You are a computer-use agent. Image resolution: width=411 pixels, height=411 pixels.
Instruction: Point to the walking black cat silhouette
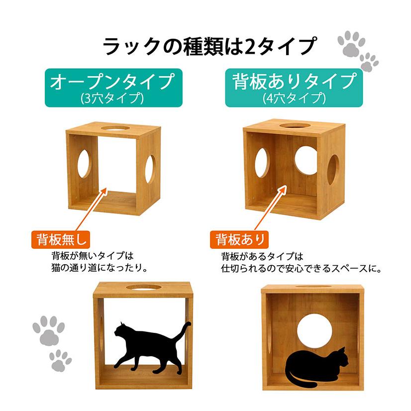click(x=144, y=346)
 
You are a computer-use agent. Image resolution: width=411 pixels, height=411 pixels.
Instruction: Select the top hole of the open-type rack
click(x=119, y=130)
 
